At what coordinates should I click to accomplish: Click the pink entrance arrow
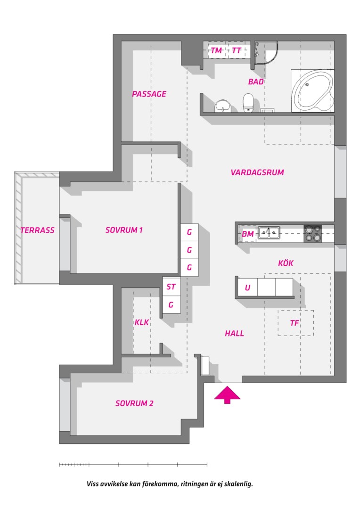tap(227, 394)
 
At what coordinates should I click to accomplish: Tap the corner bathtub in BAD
tap(312, 90)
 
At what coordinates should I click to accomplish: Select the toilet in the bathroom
tap(248, 103)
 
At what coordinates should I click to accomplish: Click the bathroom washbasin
tap(222, 106)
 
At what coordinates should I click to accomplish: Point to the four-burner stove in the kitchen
tap(312, 234)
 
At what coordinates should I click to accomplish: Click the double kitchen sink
tap(269, 233)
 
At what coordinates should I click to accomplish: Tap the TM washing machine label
tap(216, 50)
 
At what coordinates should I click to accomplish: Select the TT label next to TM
tap(237, 50)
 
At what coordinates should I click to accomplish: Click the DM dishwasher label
tap(248, 234)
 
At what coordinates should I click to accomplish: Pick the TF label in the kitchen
tap(295, 323)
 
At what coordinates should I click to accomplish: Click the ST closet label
tap(171, 287)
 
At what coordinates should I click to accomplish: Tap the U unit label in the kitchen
tap(248, 287)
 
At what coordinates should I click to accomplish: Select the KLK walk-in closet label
tap(142, 322)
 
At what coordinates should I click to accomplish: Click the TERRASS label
tap(37, 230)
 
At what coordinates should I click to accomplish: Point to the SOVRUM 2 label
tap(134, 403)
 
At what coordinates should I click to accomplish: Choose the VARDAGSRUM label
tap(257, 172)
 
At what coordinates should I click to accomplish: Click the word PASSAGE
tap(149, 94)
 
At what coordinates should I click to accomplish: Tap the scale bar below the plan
tap(133, 465)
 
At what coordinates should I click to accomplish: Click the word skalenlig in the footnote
tap(238, 484)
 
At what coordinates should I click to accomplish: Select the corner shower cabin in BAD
tap(266, 52)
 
